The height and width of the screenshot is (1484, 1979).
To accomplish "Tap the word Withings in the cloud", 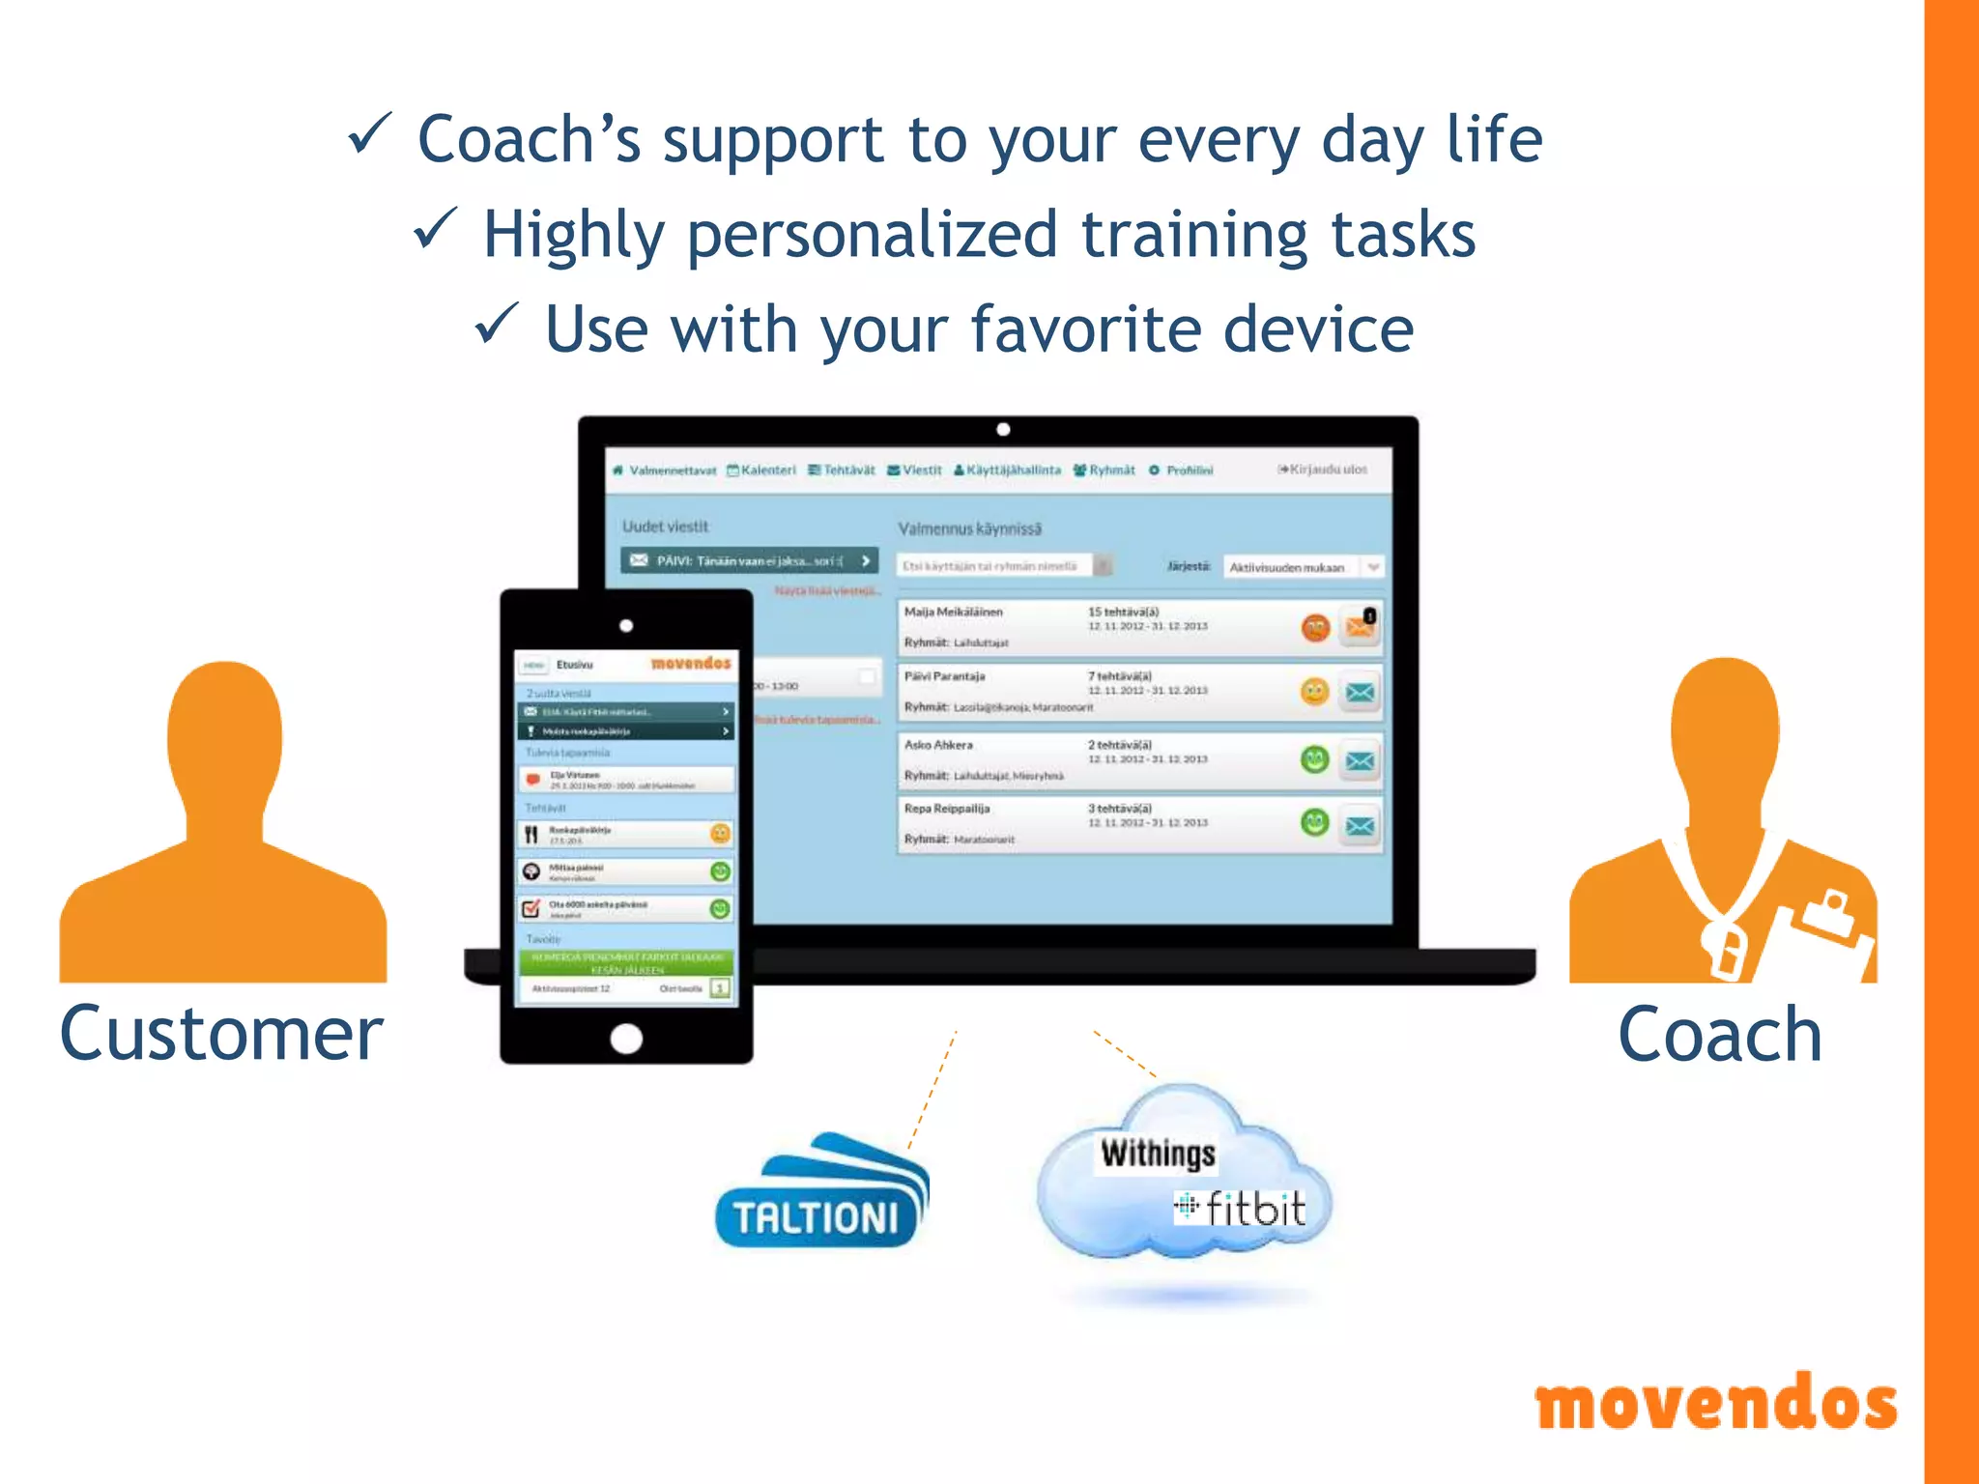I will point(1158,1154).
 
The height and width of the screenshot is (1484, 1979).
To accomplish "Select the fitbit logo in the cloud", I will point(1242,1209).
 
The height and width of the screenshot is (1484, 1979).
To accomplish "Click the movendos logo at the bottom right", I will point(1715,1403).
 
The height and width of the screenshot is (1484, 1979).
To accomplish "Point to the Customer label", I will point(221,1034).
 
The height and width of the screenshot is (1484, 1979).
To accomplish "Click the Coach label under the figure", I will point(1719,1035).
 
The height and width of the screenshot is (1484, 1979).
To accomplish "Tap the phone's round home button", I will point(626,1039).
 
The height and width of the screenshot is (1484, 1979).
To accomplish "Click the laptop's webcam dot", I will point(1003,429).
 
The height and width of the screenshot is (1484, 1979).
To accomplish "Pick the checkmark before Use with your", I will point(498,324).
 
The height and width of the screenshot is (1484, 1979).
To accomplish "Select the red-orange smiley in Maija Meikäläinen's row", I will point(1315,628).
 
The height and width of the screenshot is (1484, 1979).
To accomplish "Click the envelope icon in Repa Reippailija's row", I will point(1360,825).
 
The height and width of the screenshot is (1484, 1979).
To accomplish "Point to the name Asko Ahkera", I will point(938,745).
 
